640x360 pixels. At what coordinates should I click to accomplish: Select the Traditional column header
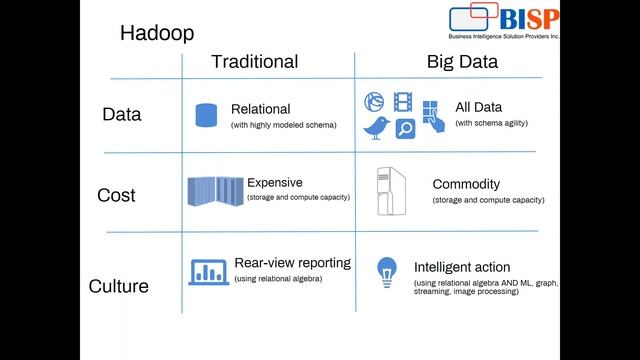pyautogui.click(x=254, y=62)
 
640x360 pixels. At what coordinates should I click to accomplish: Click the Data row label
pyautogui.click(x=122, y=114)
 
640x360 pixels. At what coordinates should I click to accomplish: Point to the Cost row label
pyautogui.click(x=116, y=195)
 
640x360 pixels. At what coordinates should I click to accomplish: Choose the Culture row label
pyautogui.click(x=119, y=286)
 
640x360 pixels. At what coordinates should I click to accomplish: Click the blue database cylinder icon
pyautogui.click(x=206, y=114)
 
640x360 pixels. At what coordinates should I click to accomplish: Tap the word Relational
pyautogui.click(x=260, y=109)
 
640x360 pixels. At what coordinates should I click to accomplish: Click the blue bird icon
pyautogui.click(x=377, y=127)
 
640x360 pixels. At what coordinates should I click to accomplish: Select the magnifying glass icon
pyautogui.click(x=405, y=128)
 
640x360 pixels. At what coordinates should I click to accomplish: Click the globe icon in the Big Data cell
pyautogui.click(x=374, y=100)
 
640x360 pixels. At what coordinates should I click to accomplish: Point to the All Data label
pyautogui.click(x=478, y=107)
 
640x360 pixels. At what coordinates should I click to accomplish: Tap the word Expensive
pyautogui.click(x=275, y=183)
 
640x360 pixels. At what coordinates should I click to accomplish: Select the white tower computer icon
pyautogui.click(x=389, y=192)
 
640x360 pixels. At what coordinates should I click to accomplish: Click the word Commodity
pyautogui.click(x=466, y=185)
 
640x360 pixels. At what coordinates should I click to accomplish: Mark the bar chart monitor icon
pyautogui.click(x=209, y=271)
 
